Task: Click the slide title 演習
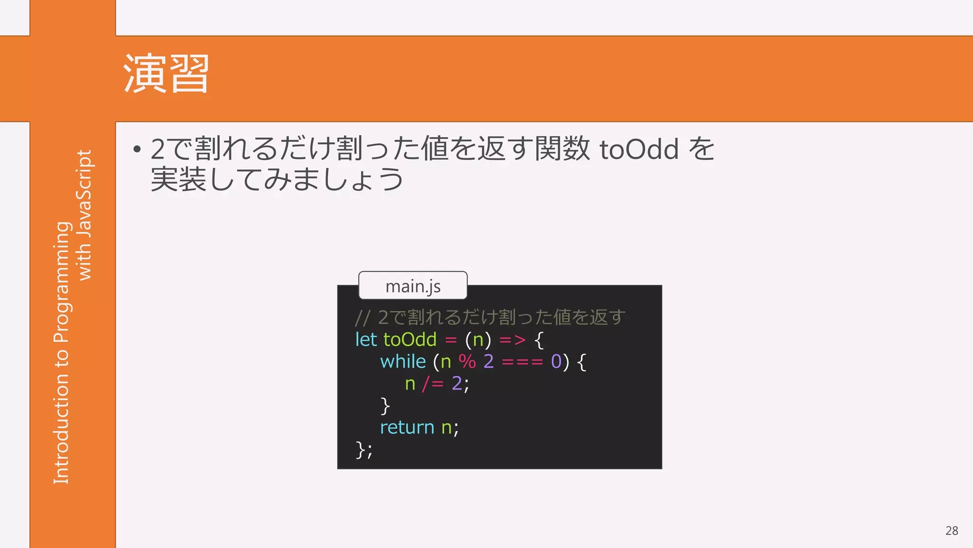166,74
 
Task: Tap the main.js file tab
413,286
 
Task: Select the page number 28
951,530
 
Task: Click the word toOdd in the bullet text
639,149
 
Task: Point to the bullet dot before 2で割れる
137,150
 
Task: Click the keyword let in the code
366,340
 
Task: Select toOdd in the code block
410,340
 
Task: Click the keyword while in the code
402,362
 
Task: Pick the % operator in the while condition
467,362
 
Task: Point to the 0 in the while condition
556,362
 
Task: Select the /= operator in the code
432,383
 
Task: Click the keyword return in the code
407,427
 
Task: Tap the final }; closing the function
364,450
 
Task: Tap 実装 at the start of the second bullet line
178,179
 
